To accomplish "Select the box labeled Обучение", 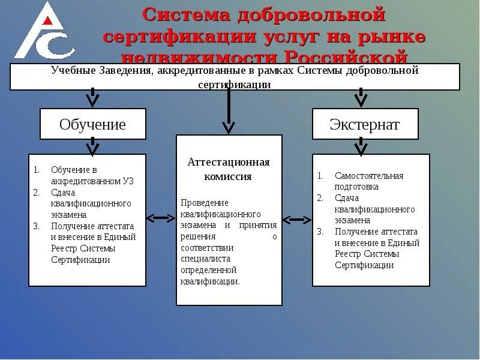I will click(x=92, y=124).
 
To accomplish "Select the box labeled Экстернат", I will click(x=364, y=124).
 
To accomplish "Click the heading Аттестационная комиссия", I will click(x=229, y=169).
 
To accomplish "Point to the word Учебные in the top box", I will click(x=73, y=71).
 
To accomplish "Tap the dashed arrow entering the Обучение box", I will click(x=92, y=97).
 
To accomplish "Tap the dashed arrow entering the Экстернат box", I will click(x=360, y=97).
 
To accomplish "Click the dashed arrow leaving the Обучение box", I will click(x=92, y=146).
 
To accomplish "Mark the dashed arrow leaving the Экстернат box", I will click(x=360, y=146).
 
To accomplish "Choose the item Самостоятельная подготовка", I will click(x=368, y=181).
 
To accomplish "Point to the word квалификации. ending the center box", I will click(x=210, y=281).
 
